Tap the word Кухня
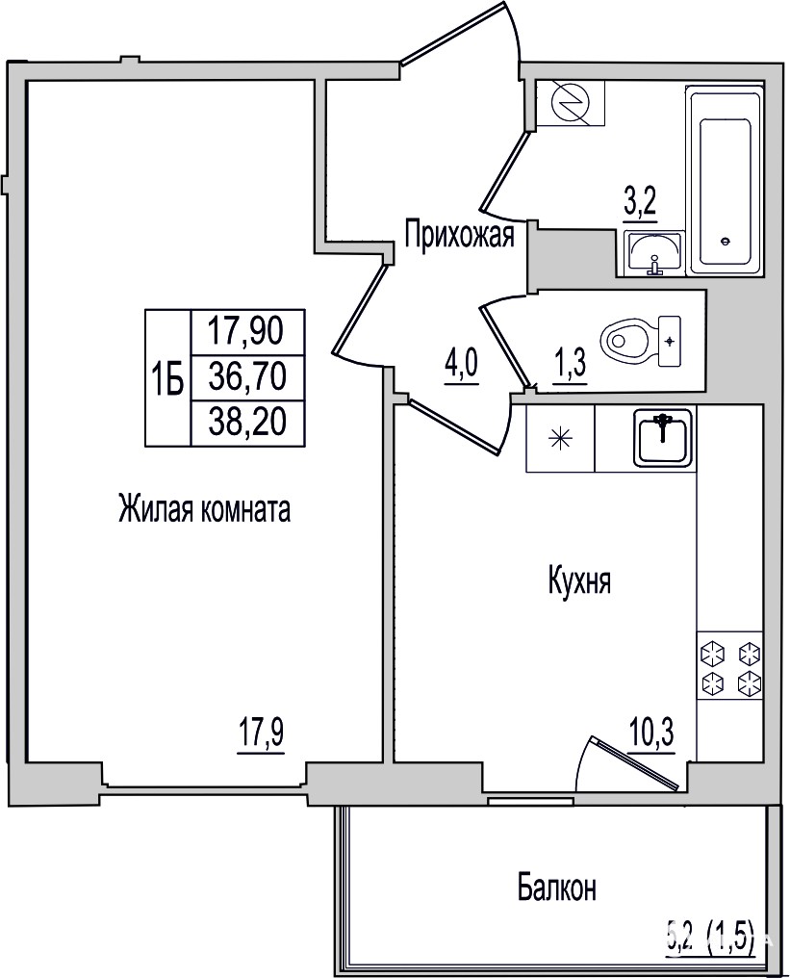click(579, 580)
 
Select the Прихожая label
click(460, 236)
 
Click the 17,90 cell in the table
click(246, 331)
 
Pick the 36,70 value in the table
click(247, 377)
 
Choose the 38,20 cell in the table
click(247, 423)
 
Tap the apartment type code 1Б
click(166, 377)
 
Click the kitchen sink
click(663, 439)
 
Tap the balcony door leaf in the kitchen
click(634, 762)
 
